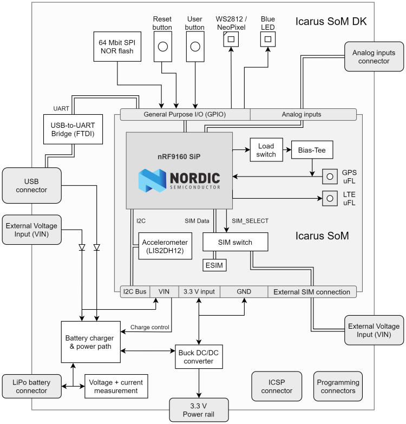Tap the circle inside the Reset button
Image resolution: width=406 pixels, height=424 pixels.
point(162,47)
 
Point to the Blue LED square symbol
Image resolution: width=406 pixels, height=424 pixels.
point(267,38)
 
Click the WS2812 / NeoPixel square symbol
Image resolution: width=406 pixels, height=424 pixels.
point(231,38)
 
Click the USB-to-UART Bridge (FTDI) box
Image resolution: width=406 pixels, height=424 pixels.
point(72,129)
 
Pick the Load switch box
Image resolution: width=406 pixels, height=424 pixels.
point(266,149)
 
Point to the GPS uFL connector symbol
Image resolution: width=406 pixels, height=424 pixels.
point(329,177)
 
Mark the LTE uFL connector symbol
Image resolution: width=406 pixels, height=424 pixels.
point(329,199)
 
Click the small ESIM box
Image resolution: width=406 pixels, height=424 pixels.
point(215,265)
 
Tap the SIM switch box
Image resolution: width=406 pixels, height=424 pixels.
point(235,242)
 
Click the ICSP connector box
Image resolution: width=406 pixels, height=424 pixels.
point(273,386)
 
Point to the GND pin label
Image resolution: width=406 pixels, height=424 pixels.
point(243,292)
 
